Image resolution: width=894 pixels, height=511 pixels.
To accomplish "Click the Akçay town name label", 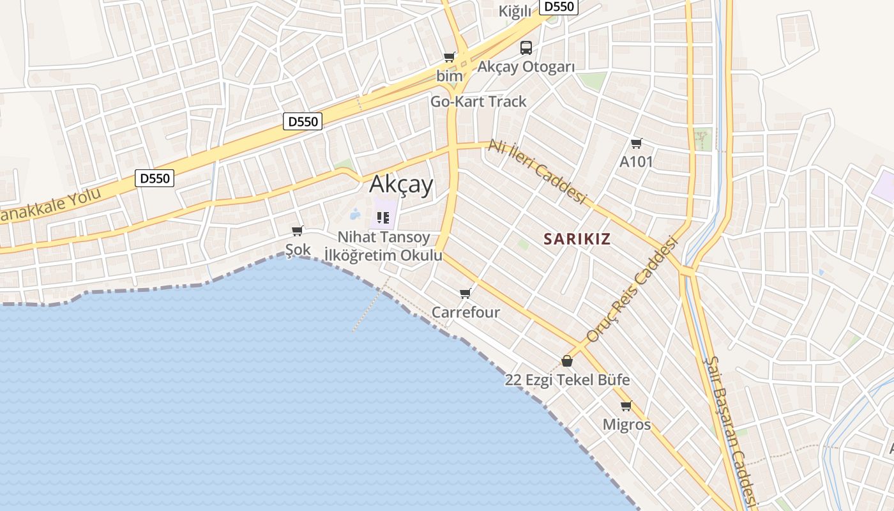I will pyautogui.click(x=401, y=185).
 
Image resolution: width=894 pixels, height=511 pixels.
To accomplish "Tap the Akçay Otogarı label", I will pyautogui.click(x=526, y=67).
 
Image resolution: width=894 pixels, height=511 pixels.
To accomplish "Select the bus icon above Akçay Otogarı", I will pyautogui.click(x=526, y=47).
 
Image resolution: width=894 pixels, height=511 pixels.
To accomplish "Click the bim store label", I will pyautogui.click(x=450, y=76).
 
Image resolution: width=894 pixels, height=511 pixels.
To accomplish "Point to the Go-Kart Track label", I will pyautogui.click(x=478, y=102).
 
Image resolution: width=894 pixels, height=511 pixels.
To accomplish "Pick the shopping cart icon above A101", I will pyautogui.click(x=636, y=143).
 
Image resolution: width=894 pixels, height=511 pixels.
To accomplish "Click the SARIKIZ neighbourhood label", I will pyautogui.click(x=577, y=240).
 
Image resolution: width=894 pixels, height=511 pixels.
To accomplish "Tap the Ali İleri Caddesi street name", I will pyautogui.click(x=537, y=172).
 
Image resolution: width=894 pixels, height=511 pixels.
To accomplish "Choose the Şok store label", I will pyautogui.click(x=298, y=250).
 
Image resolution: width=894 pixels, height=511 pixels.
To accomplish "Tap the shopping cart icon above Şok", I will pyautogui.click(x=297, y=231).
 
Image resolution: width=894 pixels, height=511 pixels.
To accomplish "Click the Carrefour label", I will pyautogui.click(x=466, y=312).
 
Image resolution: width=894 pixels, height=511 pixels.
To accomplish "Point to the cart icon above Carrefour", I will pyautogui.click(x=465, y=293).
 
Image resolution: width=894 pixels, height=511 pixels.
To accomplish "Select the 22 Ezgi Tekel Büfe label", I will pyautogui.click(x=567, y=380).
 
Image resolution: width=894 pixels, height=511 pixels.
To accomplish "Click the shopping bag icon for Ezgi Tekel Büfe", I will pyautogui.click(x=566, y=361).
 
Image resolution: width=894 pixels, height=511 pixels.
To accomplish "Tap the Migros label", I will pyautogui.click(x=626, y=425).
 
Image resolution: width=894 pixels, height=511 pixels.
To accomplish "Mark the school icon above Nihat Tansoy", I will pyautogui.click(x=383, y=218).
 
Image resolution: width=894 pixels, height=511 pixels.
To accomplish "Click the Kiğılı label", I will pyautogui.click(x=515, y=11).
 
